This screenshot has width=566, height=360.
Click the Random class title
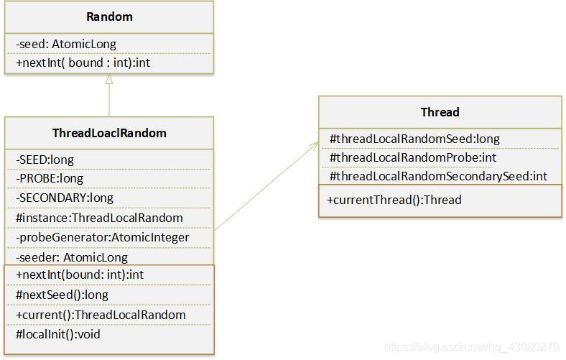tap(108, 17)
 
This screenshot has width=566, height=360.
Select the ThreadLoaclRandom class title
tap(109, 133)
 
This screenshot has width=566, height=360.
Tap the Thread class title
tap(440, 112)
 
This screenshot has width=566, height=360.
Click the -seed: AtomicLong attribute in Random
tap(65, 44)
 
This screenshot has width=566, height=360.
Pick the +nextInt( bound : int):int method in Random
tap(83, 63)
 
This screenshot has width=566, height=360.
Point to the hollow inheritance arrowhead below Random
tap(109, 80)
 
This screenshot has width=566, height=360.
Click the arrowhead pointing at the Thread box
tap(315, 144)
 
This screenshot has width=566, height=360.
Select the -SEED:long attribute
tap(45, 159)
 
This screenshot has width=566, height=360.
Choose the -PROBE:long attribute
tap(49, 178)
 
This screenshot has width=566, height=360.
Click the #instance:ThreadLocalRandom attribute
tap(99, 217)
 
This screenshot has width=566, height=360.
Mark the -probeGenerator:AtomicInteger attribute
tap(102, 237)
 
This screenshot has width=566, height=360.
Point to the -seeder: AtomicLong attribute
tap(71, 257)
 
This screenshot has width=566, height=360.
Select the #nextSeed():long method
tap(61, 295)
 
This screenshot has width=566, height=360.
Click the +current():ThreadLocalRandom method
tap(100, 315)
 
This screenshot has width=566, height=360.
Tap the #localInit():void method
tap(57, 334)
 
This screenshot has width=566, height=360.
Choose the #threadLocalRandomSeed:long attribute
tap(414, 139)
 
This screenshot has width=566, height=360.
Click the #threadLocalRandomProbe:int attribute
tap(413, 157)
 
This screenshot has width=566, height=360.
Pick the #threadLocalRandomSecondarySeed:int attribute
tap(438, 176)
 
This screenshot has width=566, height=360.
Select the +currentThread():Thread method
tap(394, 200)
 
